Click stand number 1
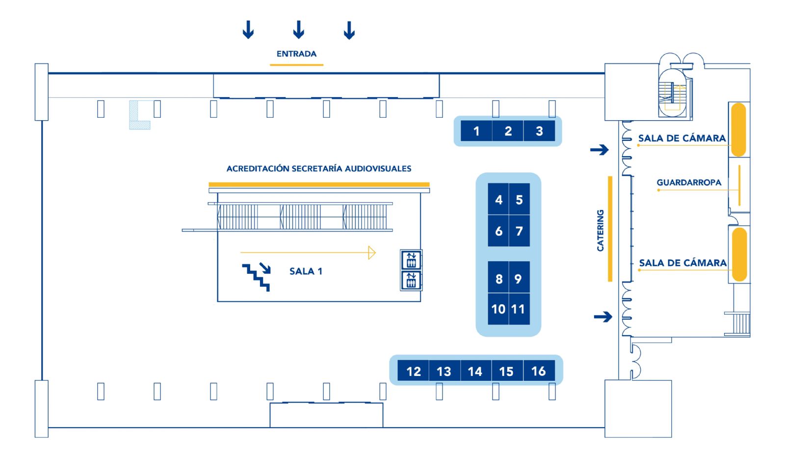476,131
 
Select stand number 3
539,131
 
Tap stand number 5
520,199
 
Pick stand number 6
498,231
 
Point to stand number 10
498,309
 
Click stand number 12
413,371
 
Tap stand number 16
539,371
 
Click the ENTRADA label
296,54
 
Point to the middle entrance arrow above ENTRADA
299,29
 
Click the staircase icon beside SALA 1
256,277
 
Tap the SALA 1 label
306,271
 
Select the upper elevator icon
411,260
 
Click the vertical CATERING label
601,230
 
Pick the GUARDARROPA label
689,183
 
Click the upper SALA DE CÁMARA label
682,138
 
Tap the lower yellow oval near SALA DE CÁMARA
739,254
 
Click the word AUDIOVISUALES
378,169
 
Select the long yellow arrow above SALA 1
308,252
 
